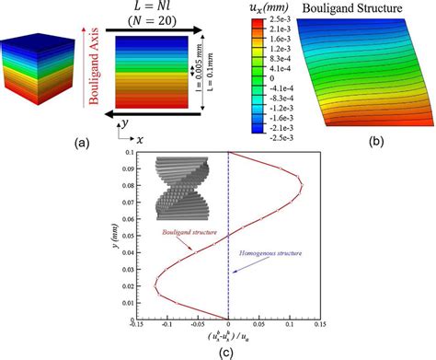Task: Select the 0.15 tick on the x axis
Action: tap(320, 323)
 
